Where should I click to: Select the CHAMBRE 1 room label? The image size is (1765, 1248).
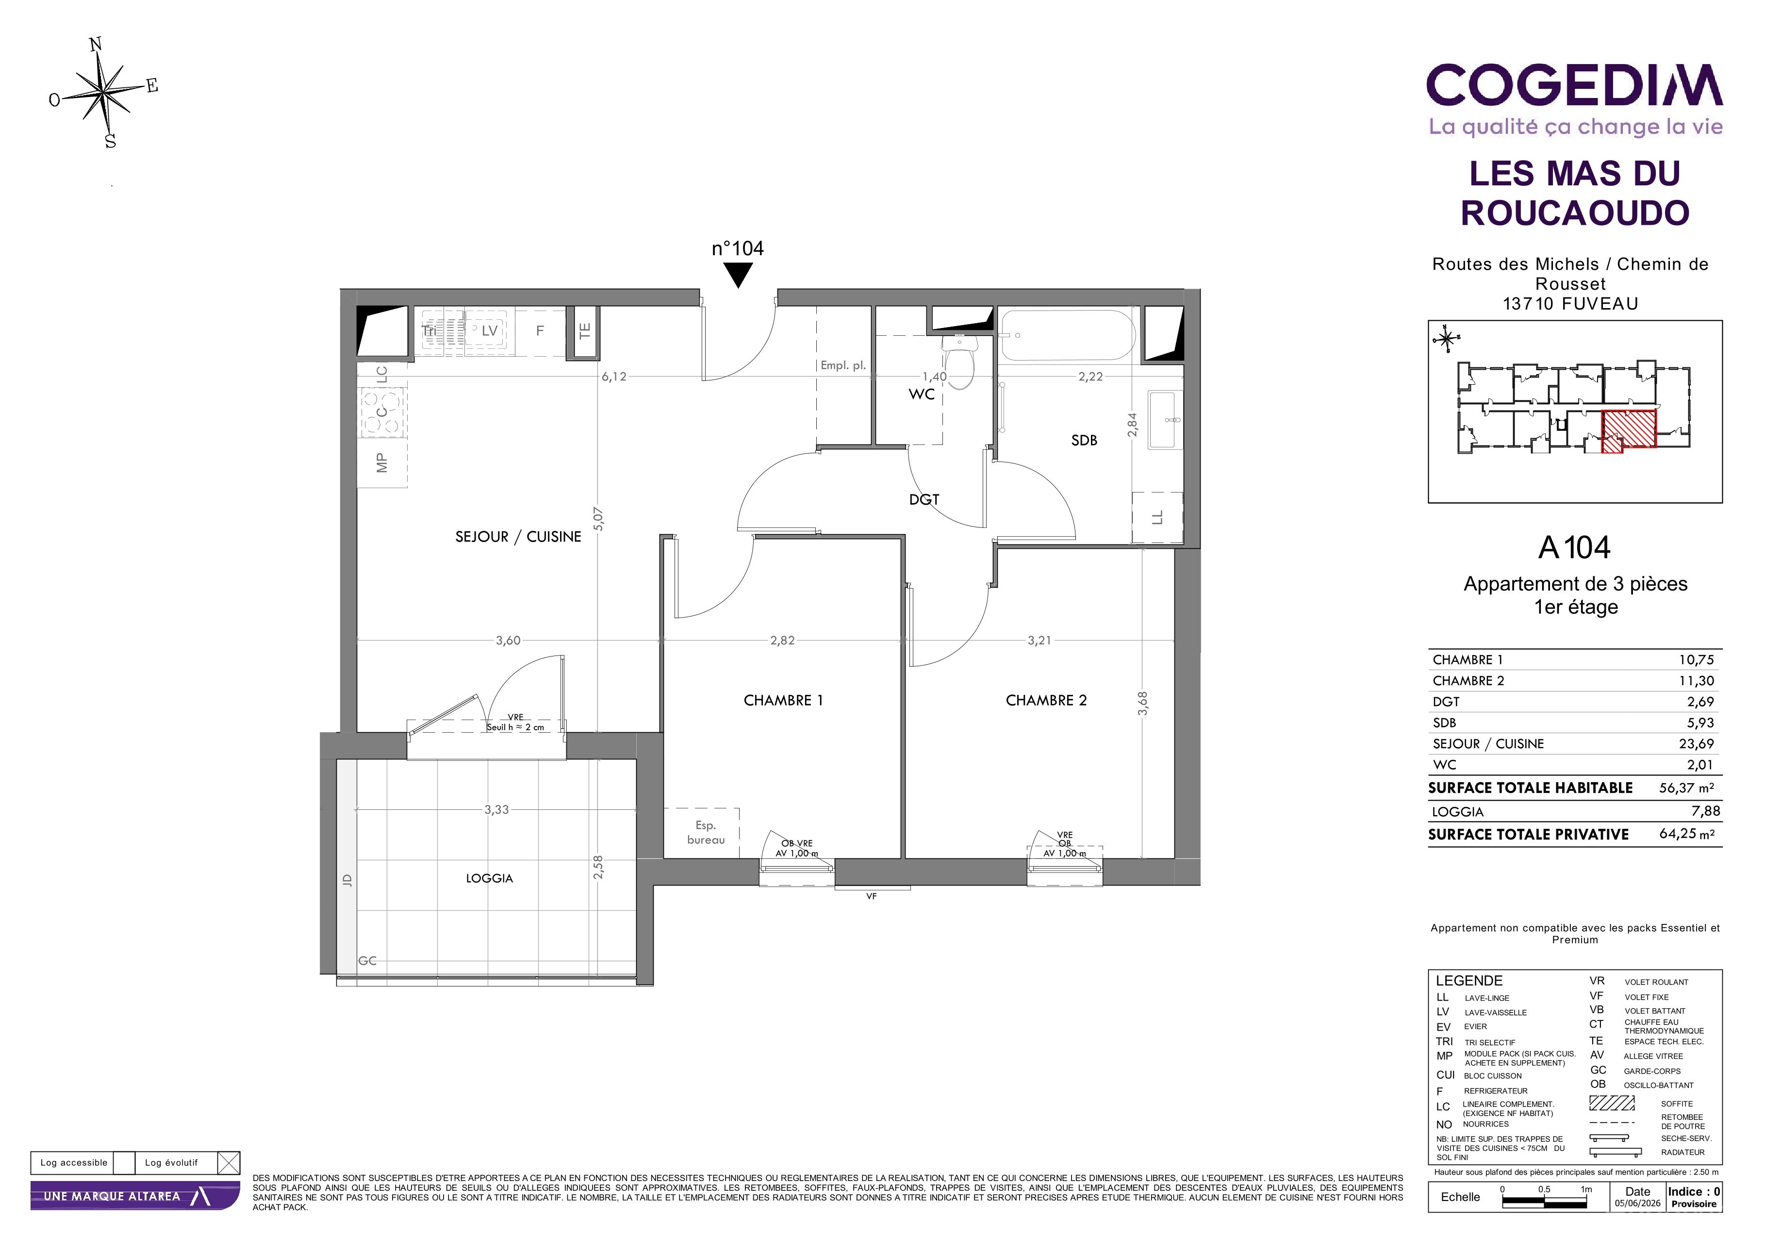click(783, 700)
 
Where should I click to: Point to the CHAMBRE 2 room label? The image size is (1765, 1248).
click(1046, 700)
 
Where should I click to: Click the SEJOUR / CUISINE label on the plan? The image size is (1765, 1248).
click(518, 536)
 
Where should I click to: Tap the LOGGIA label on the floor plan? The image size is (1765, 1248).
click(489, 878)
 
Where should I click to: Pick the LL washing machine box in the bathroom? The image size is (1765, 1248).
click(1157, 518)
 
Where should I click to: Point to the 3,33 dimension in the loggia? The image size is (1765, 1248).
click(496, 809)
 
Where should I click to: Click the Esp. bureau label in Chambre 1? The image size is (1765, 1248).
click(706, 832)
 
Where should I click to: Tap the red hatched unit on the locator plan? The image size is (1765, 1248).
click(1628, 431)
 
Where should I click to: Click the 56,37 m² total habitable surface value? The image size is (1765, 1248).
click(1686, 787)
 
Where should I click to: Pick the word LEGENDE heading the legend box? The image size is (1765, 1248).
click(1469, 981)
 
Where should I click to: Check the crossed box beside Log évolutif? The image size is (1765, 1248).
click(228, 1163)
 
